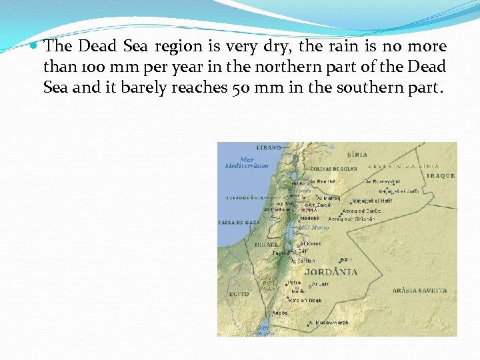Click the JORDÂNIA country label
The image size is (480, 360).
pos(331,272)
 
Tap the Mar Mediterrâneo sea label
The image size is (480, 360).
pos(247,163)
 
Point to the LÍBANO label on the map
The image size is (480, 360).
pos(269,147)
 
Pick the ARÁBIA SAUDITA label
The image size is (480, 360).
pos(419,291)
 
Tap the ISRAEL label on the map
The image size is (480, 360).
pos(267,245)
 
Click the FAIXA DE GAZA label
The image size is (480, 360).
pos(233,221)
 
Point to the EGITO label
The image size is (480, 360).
pos(239,293)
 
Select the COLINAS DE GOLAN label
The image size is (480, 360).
pos(333,169)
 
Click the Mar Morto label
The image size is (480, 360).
pos(314,227)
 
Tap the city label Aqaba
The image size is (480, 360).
pos(280,312)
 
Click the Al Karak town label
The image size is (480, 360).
pos(311,244)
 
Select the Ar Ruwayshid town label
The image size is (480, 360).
pos(383,181)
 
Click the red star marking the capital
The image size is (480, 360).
pos(303,209)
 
